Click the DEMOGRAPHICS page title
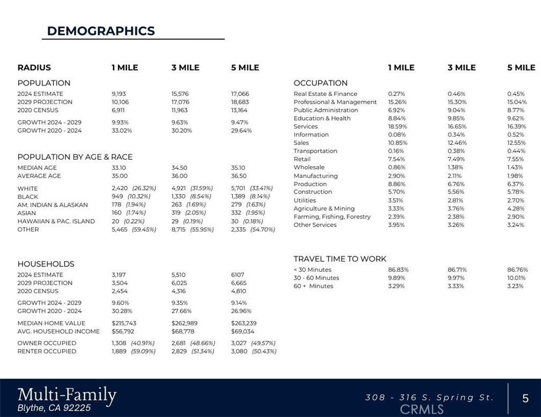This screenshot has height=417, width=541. point(101,31)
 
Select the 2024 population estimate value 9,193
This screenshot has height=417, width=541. point(118,94)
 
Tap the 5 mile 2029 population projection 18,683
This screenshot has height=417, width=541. point(240,102)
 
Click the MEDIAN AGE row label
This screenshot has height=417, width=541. point(37,168)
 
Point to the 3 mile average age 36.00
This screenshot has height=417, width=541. point(180,176)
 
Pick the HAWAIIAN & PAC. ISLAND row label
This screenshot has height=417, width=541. point(56,221)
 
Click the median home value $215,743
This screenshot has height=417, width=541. point(124,323)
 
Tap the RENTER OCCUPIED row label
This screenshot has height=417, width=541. point(47,351)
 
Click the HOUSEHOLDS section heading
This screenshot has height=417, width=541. point(46,264)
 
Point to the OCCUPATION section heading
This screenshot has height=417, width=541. point(321,83)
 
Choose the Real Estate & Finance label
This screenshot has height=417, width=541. point(325,94)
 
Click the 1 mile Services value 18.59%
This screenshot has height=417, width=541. point(397,126)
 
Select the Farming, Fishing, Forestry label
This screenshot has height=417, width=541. point(332,217)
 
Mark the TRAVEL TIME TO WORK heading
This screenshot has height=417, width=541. point(340,259)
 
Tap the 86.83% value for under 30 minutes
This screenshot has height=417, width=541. point(397,270)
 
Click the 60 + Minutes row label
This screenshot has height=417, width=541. point(313,286)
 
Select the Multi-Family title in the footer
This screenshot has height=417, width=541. point(67,396)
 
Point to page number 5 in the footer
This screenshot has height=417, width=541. point(525,398)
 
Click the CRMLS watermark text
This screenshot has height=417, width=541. point(422,409)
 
